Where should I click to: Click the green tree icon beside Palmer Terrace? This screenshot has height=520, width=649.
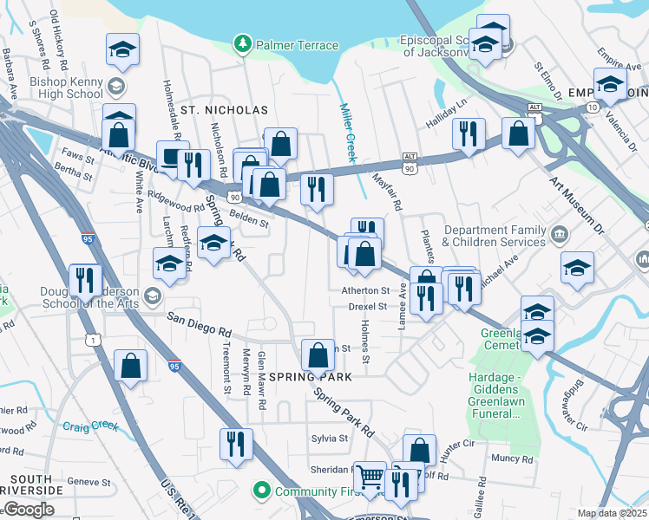click(243, 42)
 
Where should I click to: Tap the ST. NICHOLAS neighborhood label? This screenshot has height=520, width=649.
click(224, 110)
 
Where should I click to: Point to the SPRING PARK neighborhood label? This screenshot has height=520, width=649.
click(310, 377)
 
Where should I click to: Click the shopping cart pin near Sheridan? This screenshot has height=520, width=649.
click(370, 477)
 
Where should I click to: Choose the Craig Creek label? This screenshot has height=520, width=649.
click(89, 426)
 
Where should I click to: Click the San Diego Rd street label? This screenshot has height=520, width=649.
click(200, 326)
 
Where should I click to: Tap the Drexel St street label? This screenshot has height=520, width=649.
click(369, 306)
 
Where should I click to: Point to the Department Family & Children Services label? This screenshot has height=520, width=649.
click(504, 236)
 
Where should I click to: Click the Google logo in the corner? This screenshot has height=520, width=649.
click(28, 510)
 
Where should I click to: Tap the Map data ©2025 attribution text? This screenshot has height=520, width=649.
click(611, 513)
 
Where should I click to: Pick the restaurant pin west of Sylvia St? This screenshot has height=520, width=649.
click(236, 444)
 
